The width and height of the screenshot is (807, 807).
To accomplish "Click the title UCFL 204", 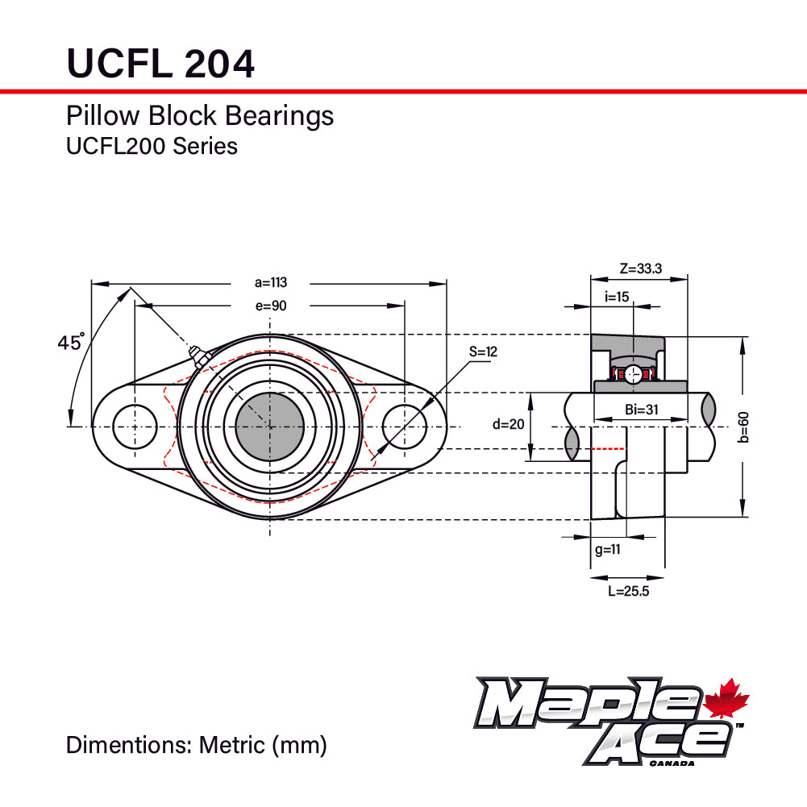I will pyautogui.click(x=160, y=62).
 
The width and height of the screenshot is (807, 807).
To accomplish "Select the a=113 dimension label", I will pyautogui.click(x=271, y=282).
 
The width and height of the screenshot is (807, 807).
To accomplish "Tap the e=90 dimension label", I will pyautogui.click(x=271, y=306).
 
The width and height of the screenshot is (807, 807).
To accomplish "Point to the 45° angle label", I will pyautogui.click(x=71, y=343).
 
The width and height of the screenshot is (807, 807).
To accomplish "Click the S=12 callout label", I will pyautogui.click(x=484, y=352).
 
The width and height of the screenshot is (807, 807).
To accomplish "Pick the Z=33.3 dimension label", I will pyautogui.click(x=641, y=268).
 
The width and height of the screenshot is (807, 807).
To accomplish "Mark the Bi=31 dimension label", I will pyautogui.click(x=642, y=410).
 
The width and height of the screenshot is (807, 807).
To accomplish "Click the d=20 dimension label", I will pyautogui.click(x=508, y=425).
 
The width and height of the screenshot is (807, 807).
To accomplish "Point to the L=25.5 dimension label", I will pyautogui.click(x=628, y=591).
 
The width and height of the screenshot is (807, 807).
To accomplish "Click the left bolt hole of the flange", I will pyautogui.click(x=135, y=426).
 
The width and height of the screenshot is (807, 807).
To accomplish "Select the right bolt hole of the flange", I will pyautogui.click(x=404, y=426).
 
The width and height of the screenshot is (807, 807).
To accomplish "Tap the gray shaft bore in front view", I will pyautogui.click(x=269, y=426).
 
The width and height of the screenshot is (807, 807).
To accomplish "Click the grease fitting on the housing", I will pyautogui.click(x=197, y=356).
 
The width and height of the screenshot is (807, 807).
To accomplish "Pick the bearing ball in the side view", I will pyautogui.click(x=634, y=373).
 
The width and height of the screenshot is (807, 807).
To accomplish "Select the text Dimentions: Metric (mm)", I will pyautogui.click(x=196, y=744).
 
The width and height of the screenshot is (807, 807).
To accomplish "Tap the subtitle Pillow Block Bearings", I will pyautogui.click(x=199, y=116).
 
